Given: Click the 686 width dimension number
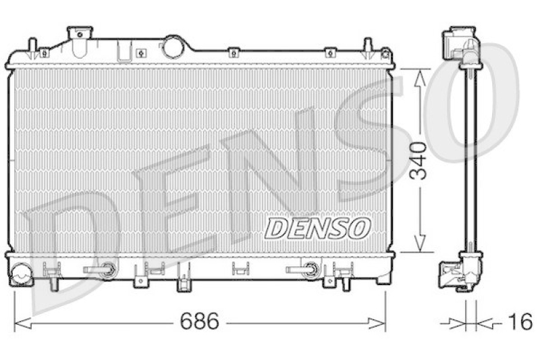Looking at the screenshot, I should point(200,322).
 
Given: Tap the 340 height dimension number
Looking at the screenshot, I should point(421,160).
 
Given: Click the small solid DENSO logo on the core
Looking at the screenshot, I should point(317,228).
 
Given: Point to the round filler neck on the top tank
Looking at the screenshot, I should point(173,47).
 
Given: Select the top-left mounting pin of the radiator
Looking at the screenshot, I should point(32,47).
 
